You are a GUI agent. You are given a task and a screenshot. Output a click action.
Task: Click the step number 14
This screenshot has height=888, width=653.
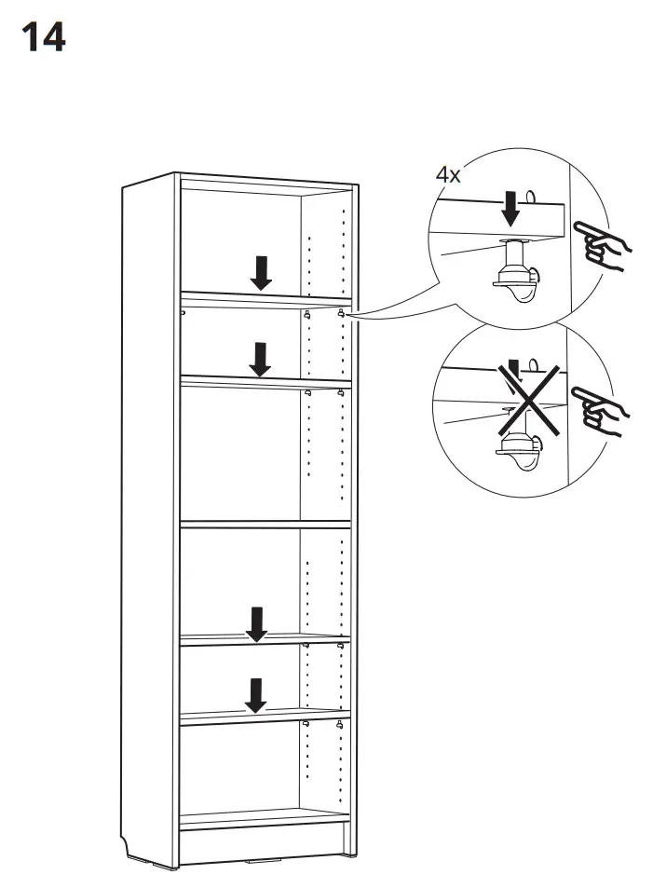(43, 38)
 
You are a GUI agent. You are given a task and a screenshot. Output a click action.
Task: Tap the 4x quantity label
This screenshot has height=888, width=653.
(447, 174)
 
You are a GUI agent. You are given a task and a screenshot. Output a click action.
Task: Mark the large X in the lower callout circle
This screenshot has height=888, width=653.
(527, 399)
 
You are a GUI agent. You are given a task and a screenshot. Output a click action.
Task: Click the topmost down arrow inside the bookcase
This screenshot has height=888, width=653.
(262, 271)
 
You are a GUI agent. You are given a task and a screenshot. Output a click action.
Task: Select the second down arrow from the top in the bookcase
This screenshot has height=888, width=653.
(261, 359)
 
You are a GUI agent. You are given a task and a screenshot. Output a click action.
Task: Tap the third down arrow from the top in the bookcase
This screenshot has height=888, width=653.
(256, 622)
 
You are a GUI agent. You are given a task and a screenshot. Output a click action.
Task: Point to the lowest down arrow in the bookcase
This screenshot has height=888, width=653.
(254, 694)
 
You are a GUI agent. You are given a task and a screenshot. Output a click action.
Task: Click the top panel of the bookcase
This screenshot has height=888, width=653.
(265, 177)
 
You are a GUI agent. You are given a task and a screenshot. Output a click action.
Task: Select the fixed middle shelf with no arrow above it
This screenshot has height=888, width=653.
(265, 526)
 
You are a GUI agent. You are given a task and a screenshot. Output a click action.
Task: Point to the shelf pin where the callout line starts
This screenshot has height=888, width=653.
(342, 313)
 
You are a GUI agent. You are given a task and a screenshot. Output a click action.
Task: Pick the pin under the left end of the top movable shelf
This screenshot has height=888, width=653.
(184, 312)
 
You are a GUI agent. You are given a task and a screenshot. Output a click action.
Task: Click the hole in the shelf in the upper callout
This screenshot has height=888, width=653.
(531, 197)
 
